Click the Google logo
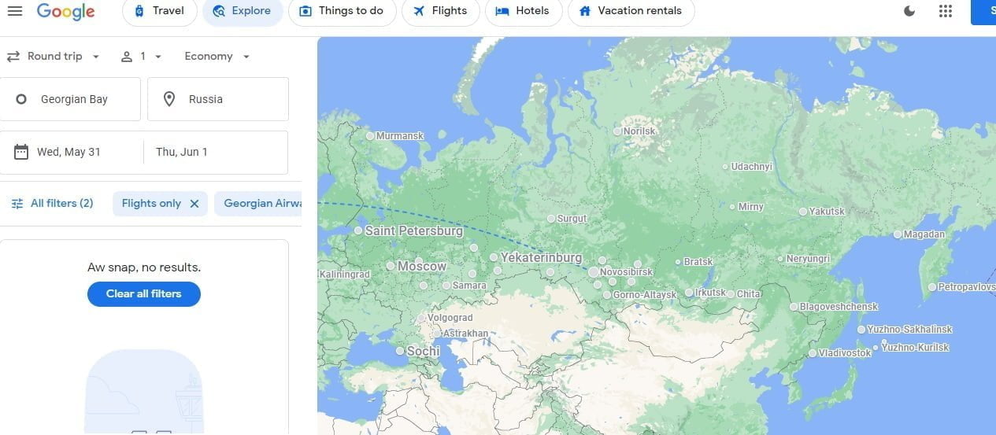[x=65, y=11]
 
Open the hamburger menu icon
[x=15, y=10]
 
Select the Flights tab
[x=440, y=11]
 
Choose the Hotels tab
[x=523, y=11]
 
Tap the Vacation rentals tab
[x=631, y=11]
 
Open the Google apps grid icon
[x=946, y=11]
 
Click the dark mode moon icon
[x=909, y=11]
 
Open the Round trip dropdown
[x=54, y=57]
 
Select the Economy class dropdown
[x=217, y=57]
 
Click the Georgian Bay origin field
[x=74, y=99]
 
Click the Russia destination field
[x=217, y=99]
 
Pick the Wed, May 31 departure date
[x=68, y=152]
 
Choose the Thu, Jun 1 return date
[x=182, y=152]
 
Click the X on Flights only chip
[x=194, y=203]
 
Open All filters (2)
[x=52, y=203]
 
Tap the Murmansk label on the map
[x=399, y=136]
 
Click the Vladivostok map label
[x=844, y=353]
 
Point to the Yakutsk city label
[x=827, y=212]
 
